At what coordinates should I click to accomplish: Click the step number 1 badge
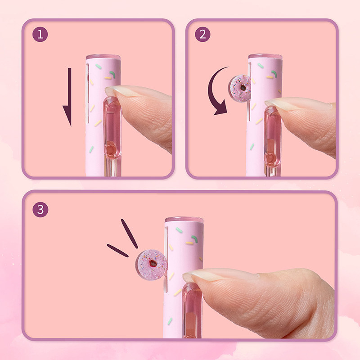click(x=40, y=35)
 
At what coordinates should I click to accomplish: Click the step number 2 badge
click(x=202, y=35)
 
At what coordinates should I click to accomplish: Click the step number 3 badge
click(x=40, y=209)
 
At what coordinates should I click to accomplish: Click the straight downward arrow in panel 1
click(x=68, y=97)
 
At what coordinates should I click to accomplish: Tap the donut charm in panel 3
click(x=151, y=265)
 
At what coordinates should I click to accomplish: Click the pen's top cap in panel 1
click(x=103, y=57)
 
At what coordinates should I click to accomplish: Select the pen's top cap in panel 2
click(x=265, y=57)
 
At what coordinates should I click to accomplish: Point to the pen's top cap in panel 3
click(x=184, y=220)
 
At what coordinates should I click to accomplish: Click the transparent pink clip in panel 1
click(x=112, y=127)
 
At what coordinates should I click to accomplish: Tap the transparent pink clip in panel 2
click(x=273, y=137)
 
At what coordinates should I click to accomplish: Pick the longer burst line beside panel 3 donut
click(x=129, y=234)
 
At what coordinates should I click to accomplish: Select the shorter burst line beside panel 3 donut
click(x=117, y=251)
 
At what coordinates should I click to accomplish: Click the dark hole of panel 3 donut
click(x=153, y=263)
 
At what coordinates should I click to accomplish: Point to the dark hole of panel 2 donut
click(x=243, y=88)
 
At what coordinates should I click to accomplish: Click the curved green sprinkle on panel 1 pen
click(x=112, y=74)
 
